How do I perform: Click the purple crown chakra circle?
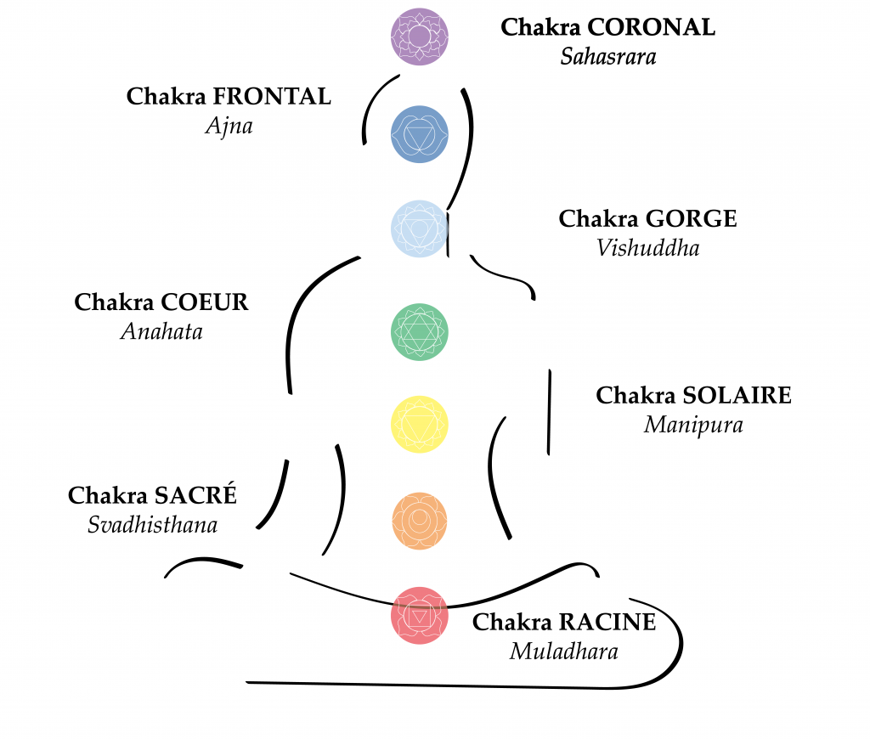click(x=419, y=37)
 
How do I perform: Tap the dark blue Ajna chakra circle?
click(x=419, y=134)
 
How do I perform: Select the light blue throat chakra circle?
click(x=419, y=228)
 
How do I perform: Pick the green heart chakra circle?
click(x=419, y=331)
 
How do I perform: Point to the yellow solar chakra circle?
click(x=419, y=424)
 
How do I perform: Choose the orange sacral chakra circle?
click(x=419, y=520)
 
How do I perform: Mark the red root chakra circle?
click(x=419, y=615)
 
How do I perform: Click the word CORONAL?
click(x=651, y=27)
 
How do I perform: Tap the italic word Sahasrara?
click(x=607, y=57)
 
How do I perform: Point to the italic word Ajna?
click(x=229, y=127)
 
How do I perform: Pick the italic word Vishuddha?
click(x=647, y=248)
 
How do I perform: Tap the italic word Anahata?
click(x=161, y=331)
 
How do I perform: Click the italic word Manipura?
click(x=692, y=425)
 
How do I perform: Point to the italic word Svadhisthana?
click(x=152, y=526)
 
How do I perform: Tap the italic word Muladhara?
click(x=563, y=652)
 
